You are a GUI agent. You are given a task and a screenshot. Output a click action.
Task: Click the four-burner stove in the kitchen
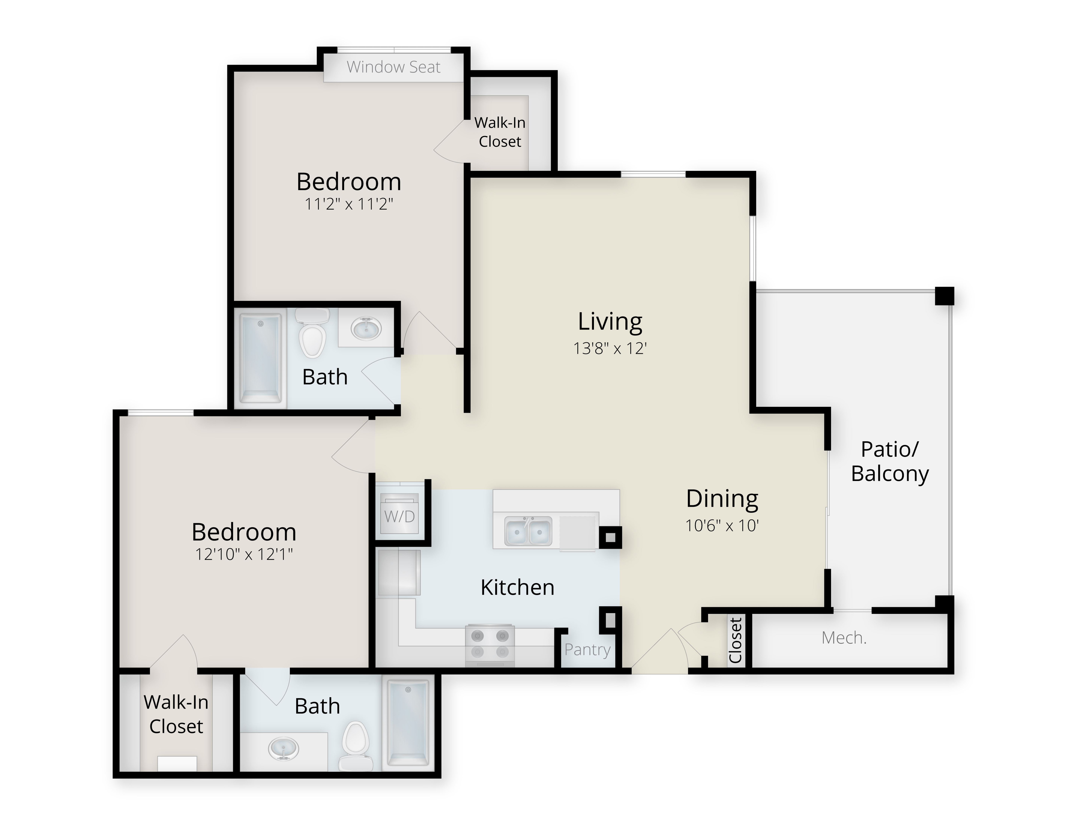(x=490, y=644)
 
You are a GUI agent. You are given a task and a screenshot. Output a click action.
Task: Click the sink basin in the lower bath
(x=283, y=749)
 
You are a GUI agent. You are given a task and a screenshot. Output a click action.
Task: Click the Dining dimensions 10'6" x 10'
(x=722, y=525)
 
